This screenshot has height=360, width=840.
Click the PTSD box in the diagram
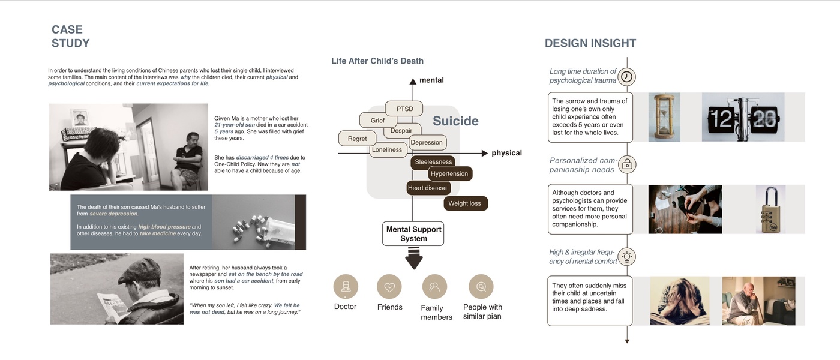405,109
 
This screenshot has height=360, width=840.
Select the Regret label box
357,139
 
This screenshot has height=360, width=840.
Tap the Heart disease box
427,188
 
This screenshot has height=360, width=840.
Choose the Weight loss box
465,203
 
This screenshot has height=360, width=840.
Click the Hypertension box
449,174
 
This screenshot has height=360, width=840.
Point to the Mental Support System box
413,234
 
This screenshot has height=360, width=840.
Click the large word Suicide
455,121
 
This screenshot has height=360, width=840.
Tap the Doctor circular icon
345,287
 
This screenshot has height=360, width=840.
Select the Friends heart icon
389,287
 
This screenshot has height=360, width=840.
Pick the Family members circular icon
434,287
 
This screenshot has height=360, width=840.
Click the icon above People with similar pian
481,287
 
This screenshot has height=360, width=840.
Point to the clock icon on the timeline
627,77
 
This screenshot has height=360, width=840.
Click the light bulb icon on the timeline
627,257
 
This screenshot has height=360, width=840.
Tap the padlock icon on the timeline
627,164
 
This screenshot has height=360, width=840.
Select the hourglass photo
664,117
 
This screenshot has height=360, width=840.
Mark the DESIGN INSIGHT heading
590,43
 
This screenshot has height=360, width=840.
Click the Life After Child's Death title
377,61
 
